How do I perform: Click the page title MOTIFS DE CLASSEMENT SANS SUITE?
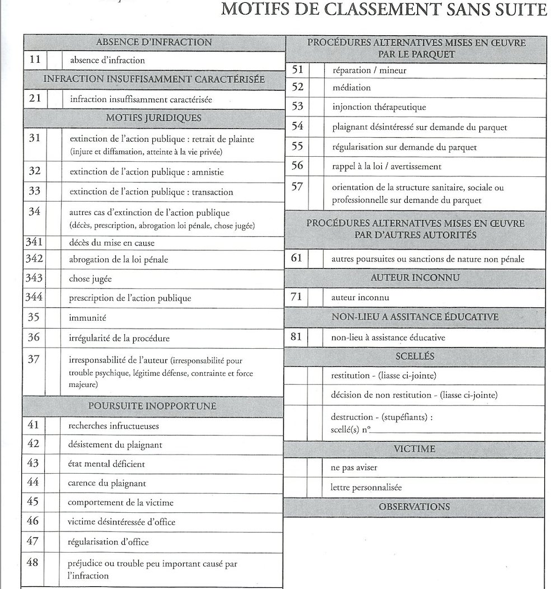pos(384,10)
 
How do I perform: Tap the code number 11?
pos(34,60)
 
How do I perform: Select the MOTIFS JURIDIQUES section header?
pos(153,118)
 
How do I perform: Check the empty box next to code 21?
pos(55,99)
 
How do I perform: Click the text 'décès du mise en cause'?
pos(111,243)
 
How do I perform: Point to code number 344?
pos(34,298)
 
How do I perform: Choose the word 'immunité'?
pos(87,318)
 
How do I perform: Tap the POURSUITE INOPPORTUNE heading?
pos(152,406)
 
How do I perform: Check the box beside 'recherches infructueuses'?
pos(53,426)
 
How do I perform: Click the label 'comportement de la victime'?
pos(120,502)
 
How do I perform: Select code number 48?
pos(33,562)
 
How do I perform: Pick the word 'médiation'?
pos(351,88)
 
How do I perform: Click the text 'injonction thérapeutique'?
pos(379,107)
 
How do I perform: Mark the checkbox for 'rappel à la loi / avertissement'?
pos(316,166)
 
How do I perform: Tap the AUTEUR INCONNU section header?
pos(415,278)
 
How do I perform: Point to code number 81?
pos(297,337)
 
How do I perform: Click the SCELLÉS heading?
pos(414,356)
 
